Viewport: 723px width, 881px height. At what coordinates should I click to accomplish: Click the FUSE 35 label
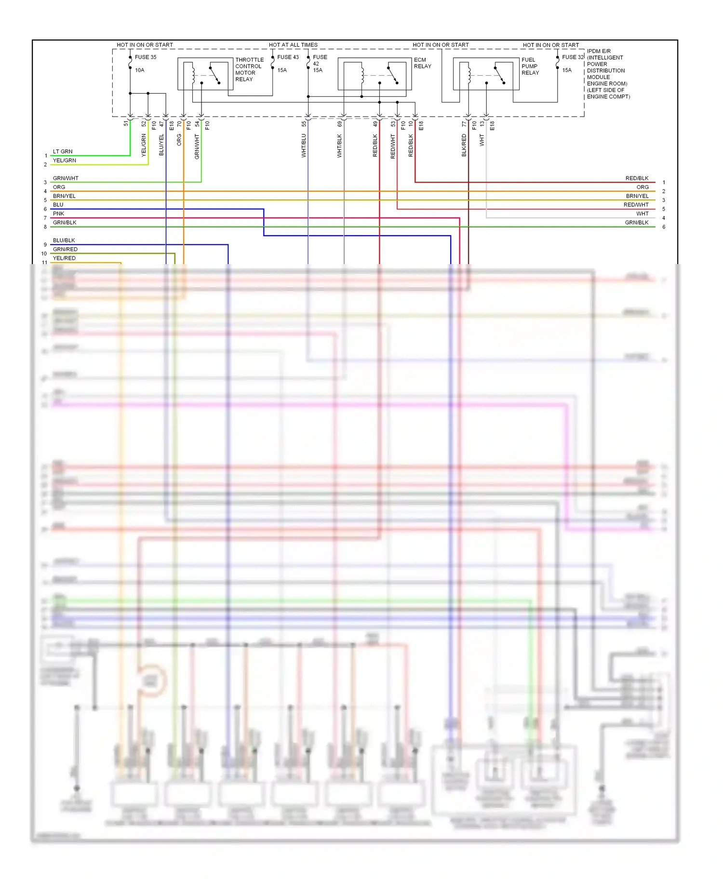tap(145, 57)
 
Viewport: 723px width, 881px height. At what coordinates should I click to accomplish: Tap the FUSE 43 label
tap(288, 57)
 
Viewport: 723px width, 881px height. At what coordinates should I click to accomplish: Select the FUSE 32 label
tap(573, 57)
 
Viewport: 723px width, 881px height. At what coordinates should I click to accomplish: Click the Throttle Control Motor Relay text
tap(249, 69)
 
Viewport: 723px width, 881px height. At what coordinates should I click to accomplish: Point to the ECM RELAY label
tap(422, 63)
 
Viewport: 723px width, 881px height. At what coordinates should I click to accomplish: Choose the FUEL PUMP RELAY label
tap(530, 66)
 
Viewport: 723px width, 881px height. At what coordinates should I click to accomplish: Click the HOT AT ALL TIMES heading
tap(293, 45)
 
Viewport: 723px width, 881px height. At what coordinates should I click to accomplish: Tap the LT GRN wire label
tap(63, 151)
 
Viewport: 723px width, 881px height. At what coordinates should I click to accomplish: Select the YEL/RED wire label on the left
tap(64, 258)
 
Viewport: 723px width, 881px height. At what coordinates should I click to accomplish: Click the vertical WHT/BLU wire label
tap(304, 146)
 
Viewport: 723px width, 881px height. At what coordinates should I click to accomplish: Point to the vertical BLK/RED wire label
tap(464, 146)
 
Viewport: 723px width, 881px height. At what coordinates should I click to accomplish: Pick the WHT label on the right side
tap(642, 214)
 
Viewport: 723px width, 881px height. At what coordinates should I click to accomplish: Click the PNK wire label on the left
tap(58, 214)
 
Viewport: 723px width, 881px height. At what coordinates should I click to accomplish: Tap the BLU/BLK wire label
tap(64, 240)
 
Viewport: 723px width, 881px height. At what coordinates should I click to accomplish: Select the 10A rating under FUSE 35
tap(139, 70)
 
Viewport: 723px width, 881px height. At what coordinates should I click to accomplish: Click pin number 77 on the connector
tap(464, 124)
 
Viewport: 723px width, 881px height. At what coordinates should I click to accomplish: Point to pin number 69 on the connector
tap(339, 124)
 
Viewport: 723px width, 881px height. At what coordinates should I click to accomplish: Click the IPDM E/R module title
tap(599, 51)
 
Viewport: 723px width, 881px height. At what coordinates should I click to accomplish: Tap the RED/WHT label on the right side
tap(636, 205)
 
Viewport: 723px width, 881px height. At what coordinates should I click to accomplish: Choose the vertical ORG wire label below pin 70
tap(179, 140)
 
